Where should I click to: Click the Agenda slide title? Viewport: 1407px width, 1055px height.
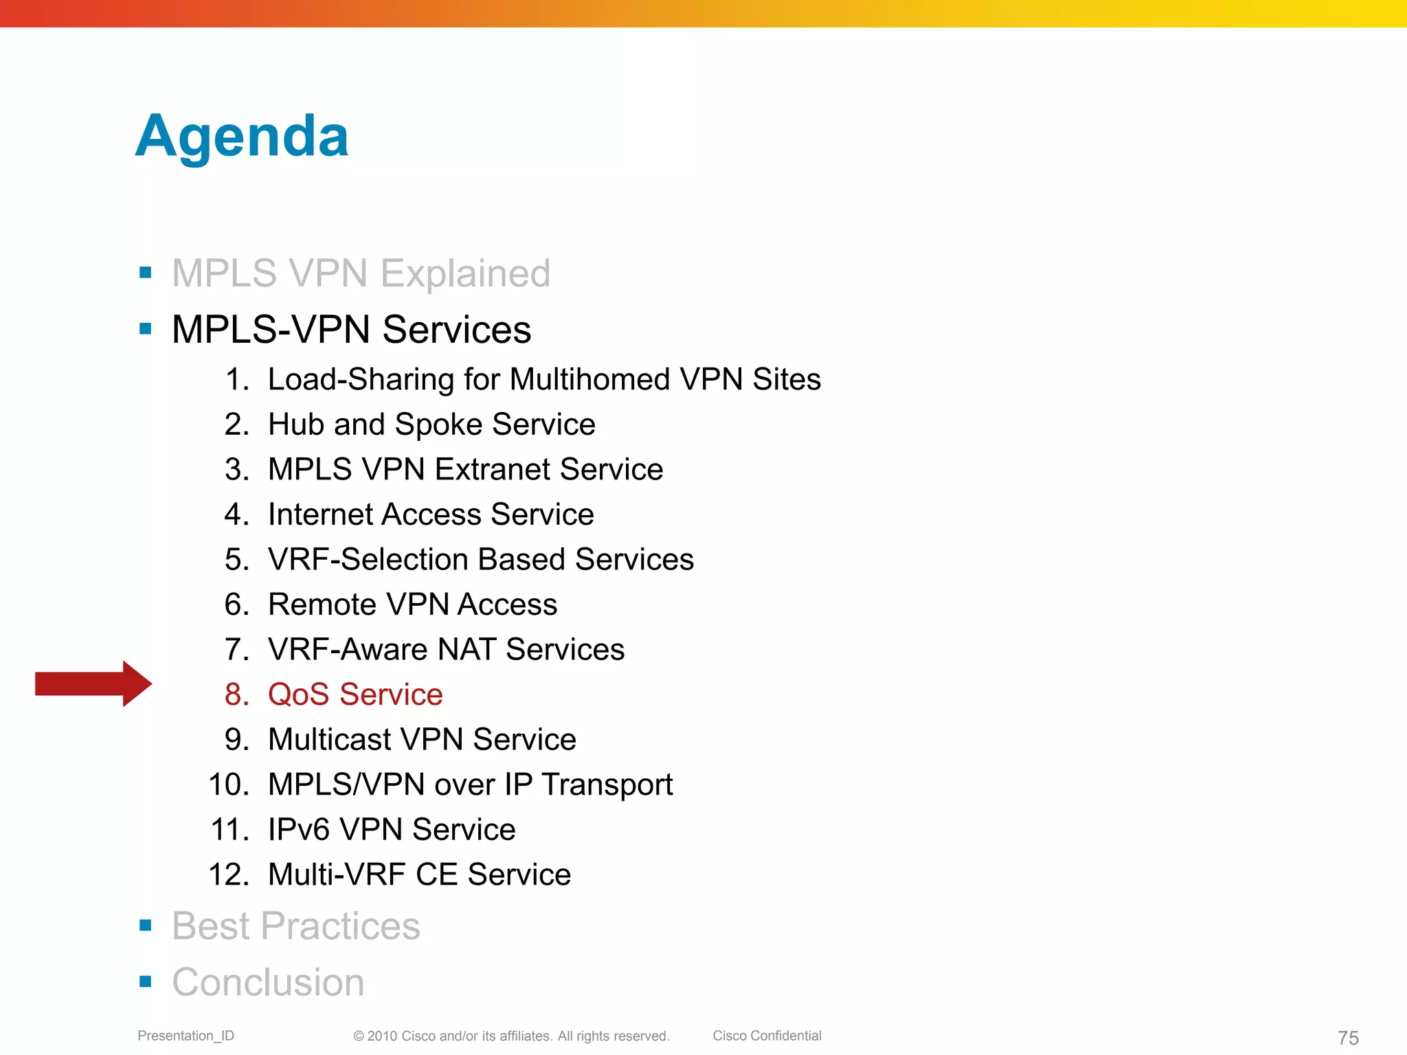tap(242, 136)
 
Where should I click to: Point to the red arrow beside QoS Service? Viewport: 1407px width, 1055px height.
tap(93, 683)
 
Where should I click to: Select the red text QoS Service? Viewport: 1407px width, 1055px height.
tap(354, 694)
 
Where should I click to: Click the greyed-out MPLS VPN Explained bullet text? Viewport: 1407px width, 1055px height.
tap(361, 273)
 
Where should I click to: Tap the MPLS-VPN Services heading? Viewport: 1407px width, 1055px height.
tap(351, 330)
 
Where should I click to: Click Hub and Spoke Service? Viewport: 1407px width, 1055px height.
tap(431, 424)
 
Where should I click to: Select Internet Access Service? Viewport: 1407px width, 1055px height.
tap(430, 514)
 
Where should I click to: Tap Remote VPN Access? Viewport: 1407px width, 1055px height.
tap(412, 604)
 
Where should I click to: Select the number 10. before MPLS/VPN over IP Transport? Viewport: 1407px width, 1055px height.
tap(228, 784)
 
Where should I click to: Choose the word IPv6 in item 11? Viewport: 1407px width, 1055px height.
tap(299, 830)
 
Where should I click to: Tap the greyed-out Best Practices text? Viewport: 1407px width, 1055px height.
tap(295, 926)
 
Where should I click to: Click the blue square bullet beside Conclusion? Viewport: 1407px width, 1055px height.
tap(145, 982)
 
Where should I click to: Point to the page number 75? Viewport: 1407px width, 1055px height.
tap(1348, 1038)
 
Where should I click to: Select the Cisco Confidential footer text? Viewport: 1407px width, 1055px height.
tap(767, 1036)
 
